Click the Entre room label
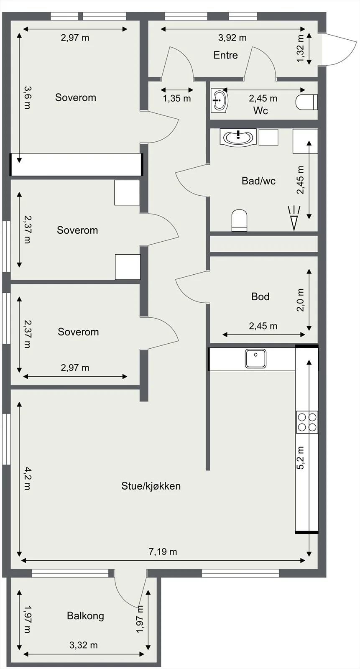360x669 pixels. click(225, 55)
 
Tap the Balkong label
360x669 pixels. click(85, 615)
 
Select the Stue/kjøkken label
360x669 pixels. click(151, 486)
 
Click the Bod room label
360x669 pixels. click(260, 296)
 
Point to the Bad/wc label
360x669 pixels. click(258, 181)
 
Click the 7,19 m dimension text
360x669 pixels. click(163, 552)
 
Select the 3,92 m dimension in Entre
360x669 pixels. click(232, 38)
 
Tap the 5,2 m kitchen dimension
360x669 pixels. click(300, 458)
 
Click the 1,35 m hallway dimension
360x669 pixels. click(177, 98)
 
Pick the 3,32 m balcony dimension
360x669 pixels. click(84, 645)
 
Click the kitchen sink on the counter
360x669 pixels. click(255, 358)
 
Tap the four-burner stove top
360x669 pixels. click(307, 422)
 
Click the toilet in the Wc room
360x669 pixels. click(306, 102)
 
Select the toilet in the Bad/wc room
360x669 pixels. click(239, 220)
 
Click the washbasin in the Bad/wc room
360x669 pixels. click(238, 138)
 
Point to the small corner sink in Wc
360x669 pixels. click(219, 100)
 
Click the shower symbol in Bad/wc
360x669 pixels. click(294, 218)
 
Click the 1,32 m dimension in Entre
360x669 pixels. click(300, 49)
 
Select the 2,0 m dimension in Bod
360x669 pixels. click(300, 300)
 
